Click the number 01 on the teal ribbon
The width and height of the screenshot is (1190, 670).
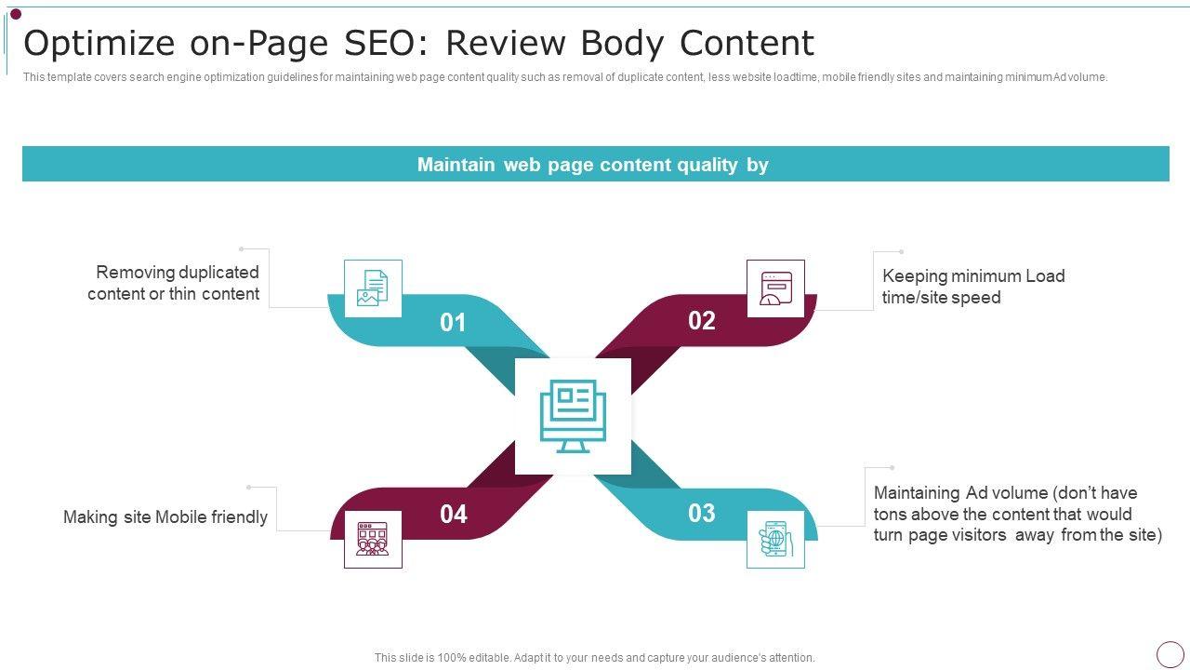[x=453, y=323]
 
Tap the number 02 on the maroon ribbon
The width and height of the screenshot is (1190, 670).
[x=702, y=321]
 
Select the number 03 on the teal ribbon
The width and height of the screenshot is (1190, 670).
[x=702, y=514]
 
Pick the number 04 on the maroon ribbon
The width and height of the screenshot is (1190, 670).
[x=454, y=515]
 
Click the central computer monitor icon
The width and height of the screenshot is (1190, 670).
[x=573, y=416]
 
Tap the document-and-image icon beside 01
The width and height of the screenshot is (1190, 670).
[x=373, y=288]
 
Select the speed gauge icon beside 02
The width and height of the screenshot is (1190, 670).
[x=775, y=288]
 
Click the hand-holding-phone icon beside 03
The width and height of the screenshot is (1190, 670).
[x=775, y=540]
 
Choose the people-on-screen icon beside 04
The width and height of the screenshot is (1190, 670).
[x=373, y=540]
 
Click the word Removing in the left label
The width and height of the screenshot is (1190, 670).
[x=135, y=273]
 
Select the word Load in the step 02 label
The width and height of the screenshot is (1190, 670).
[x=1045, y=276]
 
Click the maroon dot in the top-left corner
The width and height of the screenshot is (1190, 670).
[x=15, y=14]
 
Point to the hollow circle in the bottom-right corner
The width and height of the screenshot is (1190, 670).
[x=1170, y=653]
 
